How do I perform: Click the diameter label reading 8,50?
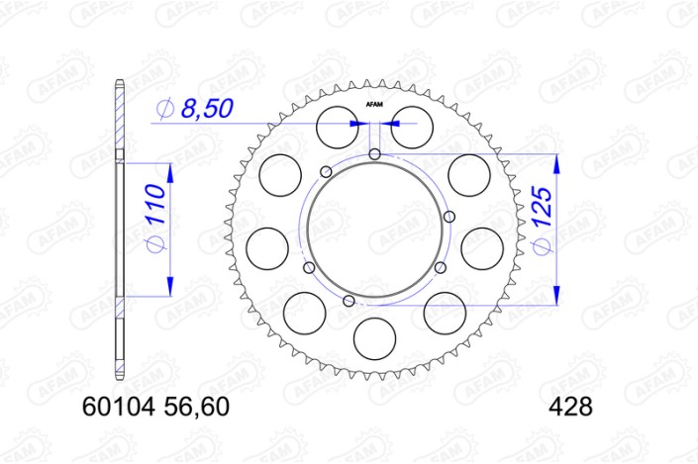[x=205, y=109]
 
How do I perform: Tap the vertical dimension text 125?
[x=542, y=231]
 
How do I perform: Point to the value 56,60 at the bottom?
[x=199, y=405]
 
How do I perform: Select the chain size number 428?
[x=569, y=405]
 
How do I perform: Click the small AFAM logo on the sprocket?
[x=374, y=104]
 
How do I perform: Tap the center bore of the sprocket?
[x=374, y=228]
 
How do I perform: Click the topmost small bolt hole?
[x=374, y=153]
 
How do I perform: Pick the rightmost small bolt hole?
[x=449, y=217]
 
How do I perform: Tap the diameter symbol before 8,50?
[x=165, y=109]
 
